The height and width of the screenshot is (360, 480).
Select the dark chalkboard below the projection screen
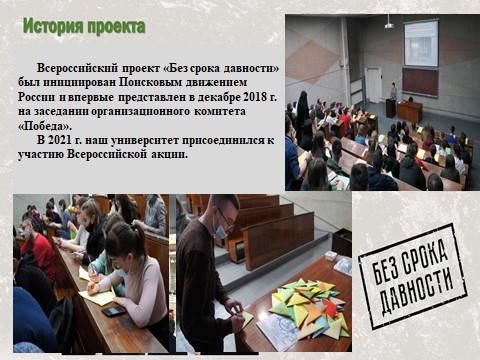coord(420,82)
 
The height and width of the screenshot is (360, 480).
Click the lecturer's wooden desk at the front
coord(409,109)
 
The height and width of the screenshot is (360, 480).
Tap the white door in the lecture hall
coord(373,84)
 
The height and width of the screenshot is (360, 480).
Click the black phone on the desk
coord(113,311)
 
